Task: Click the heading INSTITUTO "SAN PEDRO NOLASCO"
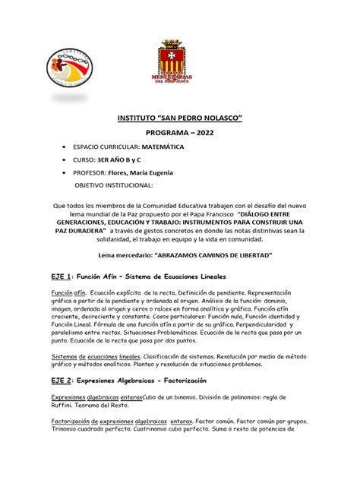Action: (x=179, y=120)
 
